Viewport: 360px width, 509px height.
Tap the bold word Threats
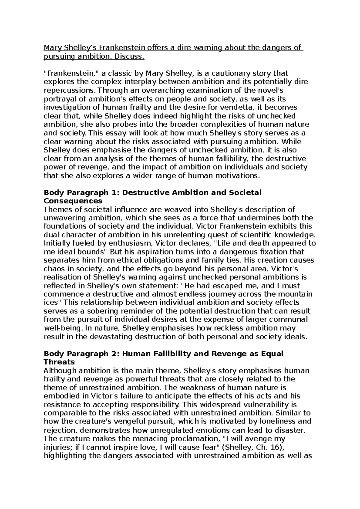tap(59, 362)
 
